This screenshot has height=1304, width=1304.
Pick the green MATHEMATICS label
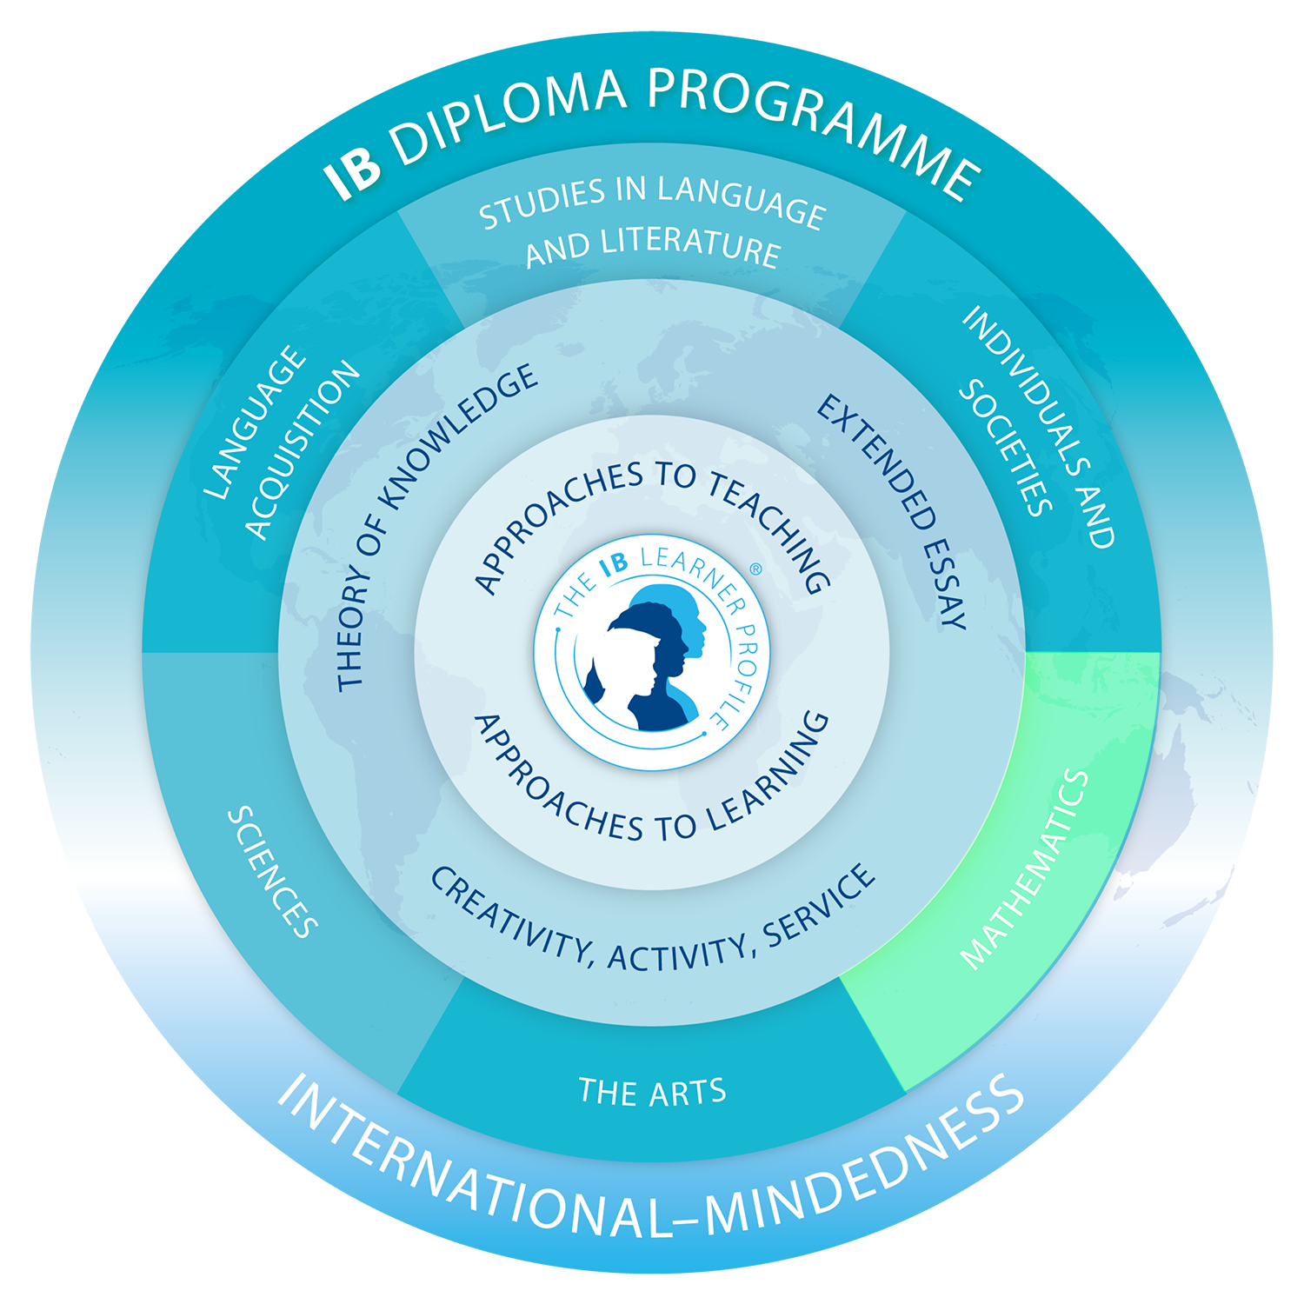pyautogui.click(x=1026, y=869)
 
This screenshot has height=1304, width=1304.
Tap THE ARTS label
pyautogui.click(x=652, y=1092)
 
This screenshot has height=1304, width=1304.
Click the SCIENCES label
pyautogui.click(x=272, y=872)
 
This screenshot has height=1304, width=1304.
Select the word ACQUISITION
pyautogui.click(x=302, y=449)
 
